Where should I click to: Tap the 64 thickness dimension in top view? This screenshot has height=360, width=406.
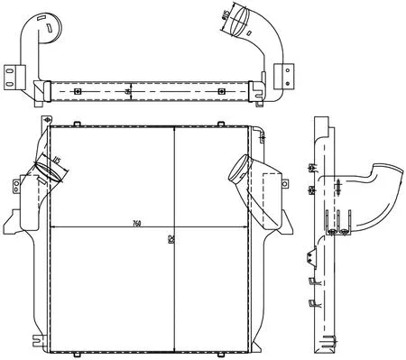tap(129, 92)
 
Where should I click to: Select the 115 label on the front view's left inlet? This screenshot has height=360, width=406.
tap(56, 162)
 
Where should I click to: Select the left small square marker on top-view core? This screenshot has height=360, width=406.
tap(78, 92)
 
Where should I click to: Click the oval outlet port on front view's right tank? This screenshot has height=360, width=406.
tap(240, 168)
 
